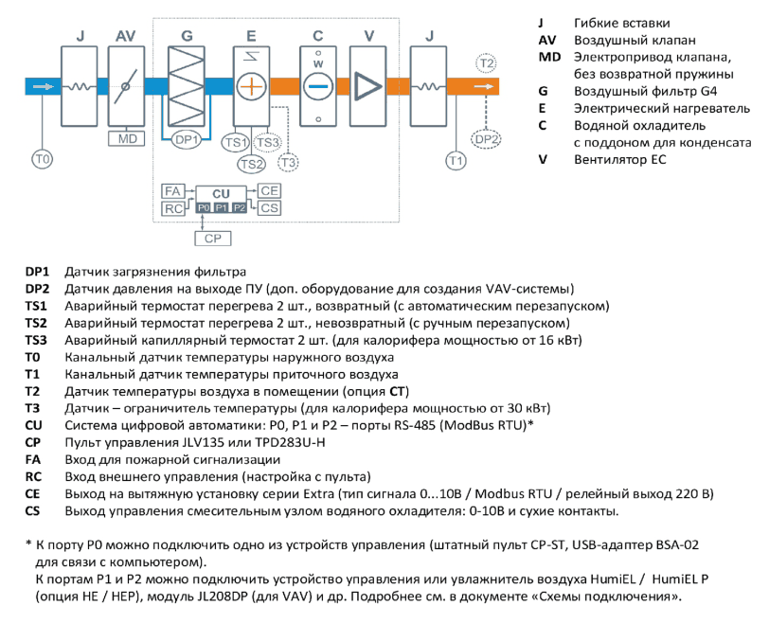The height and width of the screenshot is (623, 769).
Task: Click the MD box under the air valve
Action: pos(127,139)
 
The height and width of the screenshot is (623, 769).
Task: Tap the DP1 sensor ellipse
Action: pos(187,140)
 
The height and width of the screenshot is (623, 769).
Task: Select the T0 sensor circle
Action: pos(43,159)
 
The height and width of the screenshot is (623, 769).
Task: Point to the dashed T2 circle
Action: pos(486,63)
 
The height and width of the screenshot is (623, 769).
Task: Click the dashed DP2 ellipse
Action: pos(486,139)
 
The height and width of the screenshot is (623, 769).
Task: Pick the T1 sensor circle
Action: pos(456,160)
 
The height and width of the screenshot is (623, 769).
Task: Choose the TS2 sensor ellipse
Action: pos(252,164)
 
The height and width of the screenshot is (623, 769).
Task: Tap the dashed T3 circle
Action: pos(288,162)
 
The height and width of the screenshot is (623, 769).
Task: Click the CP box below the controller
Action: pos(213,239)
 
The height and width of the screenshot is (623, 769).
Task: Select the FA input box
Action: pos(172,191)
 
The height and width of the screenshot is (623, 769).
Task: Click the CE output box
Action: pos(269,190)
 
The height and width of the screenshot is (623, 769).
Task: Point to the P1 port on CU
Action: pos(222,208)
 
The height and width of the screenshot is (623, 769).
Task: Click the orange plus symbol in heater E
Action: pos(251,86)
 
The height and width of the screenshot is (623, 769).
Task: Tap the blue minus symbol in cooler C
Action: pos(318,86)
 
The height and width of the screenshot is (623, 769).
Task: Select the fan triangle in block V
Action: pos(367,86)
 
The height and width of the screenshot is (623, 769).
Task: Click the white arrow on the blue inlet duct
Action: pos(44,86)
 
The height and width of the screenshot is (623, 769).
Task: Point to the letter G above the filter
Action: pos(187,36)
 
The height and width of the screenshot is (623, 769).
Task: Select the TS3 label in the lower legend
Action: pos(36,340)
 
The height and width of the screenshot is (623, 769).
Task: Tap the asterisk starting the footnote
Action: pos(28,543)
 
